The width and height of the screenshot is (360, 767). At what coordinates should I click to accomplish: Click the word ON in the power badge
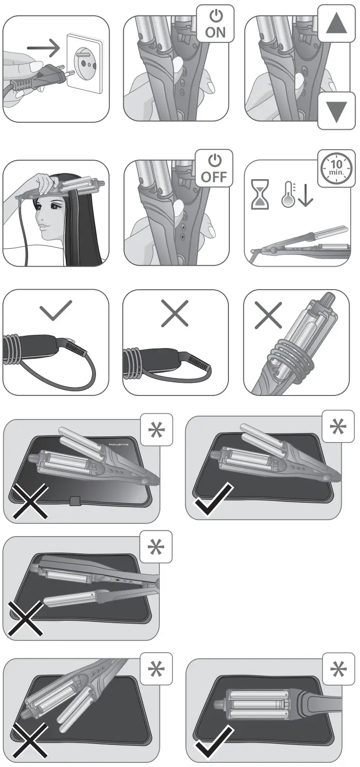[x=215, y=32]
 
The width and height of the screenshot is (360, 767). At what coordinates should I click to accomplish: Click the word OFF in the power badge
[x=214, y=177]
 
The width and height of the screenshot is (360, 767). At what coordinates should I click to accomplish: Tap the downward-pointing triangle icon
[x=336, y=111]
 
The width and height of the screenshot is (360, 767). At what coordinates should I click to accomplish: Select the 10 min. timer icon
[x=337, y=167]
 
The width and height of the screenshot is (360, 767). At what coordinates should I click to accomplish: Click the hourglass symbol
[x=260, y=194]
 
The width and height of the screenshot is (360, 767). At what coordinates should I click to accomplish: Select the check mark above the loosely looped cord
[x=56, y=310]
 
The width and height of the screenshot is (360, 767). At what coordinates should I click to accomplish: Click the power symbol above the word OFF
[x=215, y=161]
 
